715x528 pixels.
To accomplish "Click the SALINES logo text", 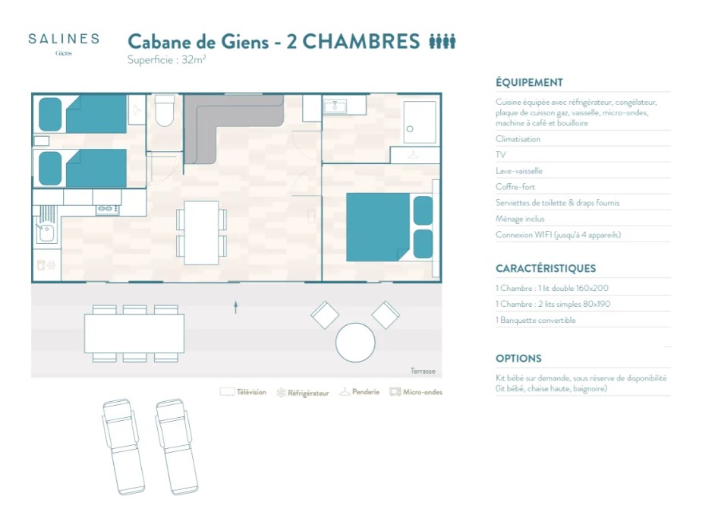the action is pyautogui.click(x=64, y=40).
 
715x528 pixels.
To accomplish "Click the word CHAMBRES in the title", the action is pyautogui.click(x=361, y=42).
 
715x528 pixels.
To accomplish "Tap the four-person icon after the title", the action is pyautogui.click(x=443, y=42).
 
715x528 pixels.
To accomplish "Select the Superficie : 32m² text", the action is pyautogui.click(x=166, y=60).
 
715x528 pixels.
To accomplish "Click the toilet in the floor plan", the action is pyautogui.click(x=164, y=110).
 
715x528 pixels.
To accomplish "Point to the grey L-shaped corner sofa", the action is pyautogui.click(x=214, y=119).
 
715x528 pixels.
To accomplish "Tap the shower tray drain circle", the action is pyautogui.click(x=409, y=129).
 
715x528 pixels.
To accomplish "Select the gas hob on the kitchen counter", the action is pyautogui.click(x=108, y=209).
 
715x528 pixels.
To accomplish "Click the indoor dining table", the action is pyautogui.click(x=201, y=232).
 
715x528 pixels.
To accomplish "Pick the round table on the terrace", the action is pyautogui.click(x=355, y=343).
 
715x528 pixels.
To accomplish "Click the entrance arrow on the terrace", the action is pyautogui.click(x=236, y=307).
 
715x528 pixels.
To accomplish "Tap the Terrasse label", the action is pyautogui.click(x=423, y=371).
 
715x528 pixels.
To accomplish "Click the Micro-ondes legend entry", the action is pyautogui.click(x=416, y=392).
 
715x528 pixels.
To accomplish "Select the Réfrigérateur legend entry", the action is pyautogui.click(x=303, y=393).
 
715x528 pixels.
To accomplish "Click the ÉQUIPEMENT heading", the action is pyautogui.click(x=529, y=83).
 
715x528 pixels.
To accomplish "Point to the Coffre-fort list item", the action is pyautogui.click(x=515, y=187).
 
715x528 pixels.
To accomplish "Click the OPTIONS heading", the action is pyautogui.click(x=518, y=359).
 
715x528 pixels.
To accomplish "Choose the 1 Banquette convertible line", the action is pyautogui.click(x=535, y=320).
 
